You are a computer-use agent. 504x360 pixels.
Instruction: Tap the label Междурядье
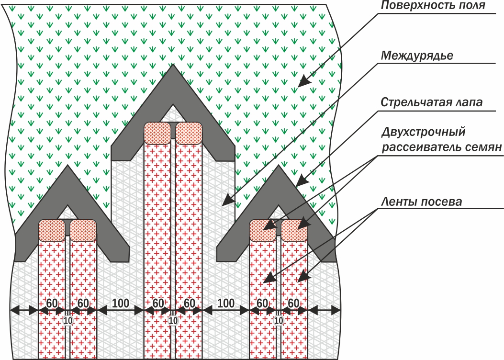[417, 55]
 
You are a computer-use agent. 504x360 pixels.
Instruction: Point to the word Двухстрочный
[423, 132]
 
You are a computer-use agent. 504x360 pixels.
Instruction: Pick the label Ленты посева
[421, 202]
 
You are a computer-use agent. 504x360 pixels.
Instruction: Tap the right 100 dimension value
[225, 303]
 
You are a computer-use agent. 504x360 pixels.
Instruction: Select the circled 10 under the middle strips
[173, 320]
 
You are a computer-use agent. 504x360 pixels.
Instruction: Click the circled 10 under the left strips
[68, 320]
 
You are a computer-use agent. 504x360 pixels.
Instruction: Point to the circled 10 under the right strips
[279, 320]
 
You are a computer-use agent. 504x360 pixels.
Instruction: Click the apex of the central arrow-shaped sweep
[173, 66]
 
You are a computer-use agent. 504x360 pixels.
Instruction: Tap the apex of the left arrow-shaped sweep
[68, 167]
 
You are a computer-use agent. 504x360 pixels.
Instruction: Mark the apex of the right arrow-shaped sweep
[279, 167]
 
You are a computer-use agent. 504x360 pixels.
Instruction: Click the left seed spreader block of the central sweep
[157, 133]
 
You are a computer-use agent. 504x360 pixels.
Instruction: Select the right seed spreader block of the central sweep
[190, 133]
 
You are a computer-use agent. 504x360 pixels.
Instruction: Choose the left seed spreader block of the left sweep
[52, 230]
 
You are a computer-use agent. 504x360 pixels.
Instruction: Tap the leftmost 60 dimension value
[52, 303]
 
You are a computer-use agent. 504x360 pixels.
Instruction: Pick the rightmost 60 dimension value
[294, 303]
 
